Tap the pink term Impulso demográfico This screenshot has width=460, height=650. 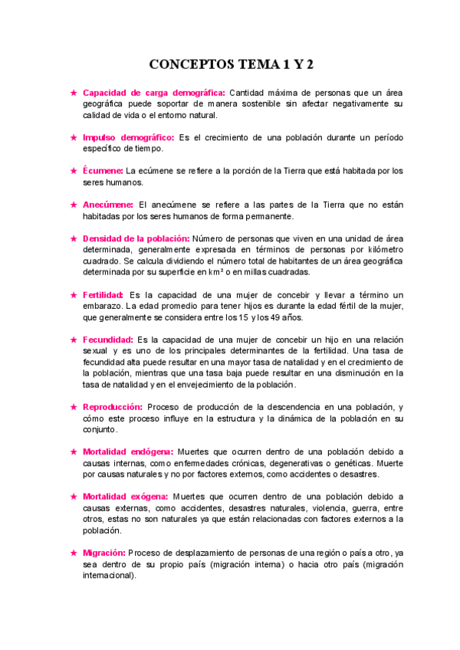click(x=128, y=137)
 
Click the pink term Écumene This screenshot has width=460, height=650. click(x=103, y=171)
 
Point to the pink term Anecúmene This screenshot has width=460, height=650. click(x=108, y=205)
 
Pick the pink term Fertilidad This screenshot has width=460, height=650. click(x=103, y=294)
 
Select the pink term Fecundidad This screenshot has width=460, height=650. click(x=108, y=340)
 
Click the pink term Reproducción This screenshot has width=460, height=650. click(x=113, y=406)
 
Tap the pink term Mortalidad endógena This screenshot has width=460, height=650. click(x=128, y=451)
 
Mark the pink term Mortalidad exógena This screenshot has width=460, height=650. click(x=127, y=496)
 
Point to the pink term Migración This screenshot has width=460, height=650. click(x=104, y=553)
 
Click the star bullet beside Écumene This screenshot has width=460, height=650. click(x=73, y=171)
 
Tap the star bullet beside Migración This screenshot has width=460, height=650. click(x=73, y=553)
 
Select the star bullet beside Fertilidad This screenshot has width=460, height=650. click(x=73, y=294)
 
